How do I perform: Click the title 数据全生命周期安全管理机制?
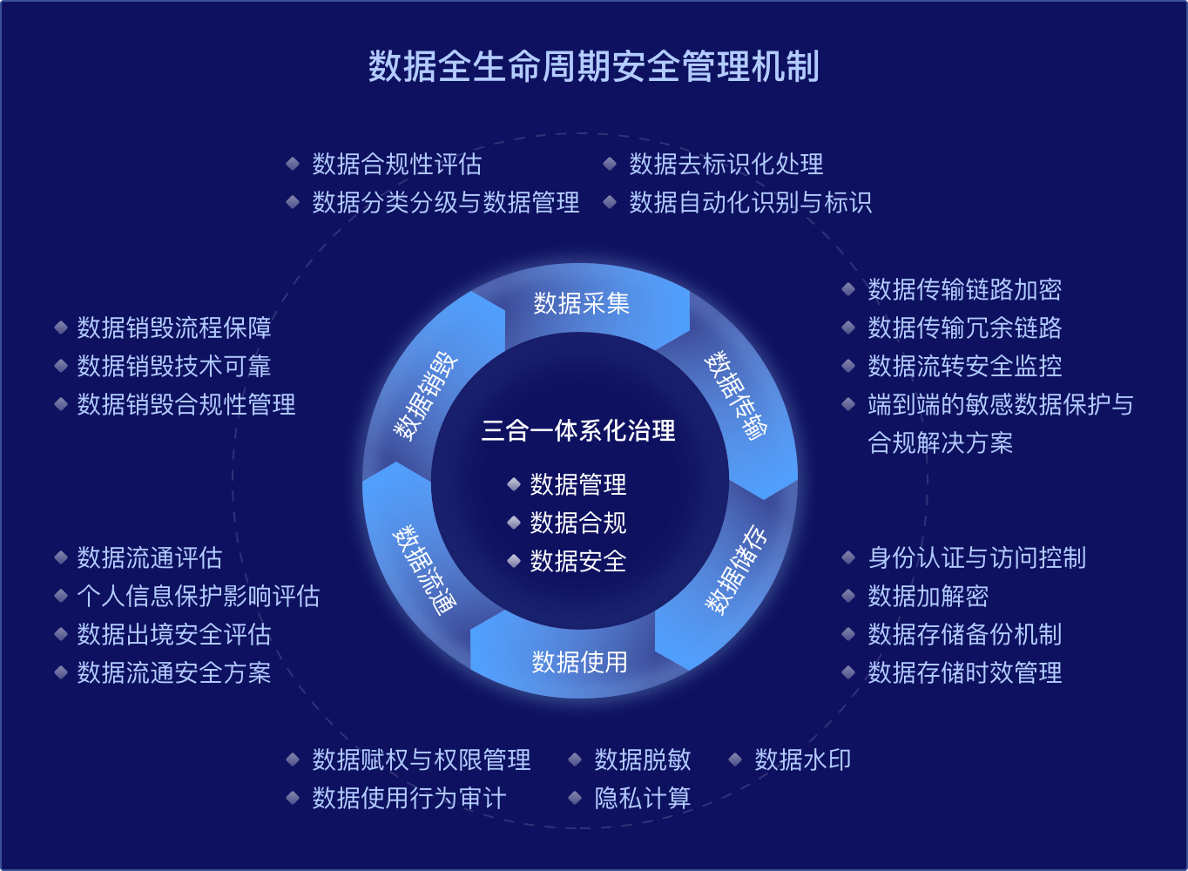pyautogui.click(x=593, y=66)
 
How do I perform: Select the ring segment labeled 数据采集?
pyautogui.click(x=581, y=303)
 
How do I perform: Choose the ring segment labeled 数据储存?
pyautogui.click(x=737, y=570)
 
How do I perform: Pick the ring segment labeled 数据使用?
pyautogui.click(x=579, y=662)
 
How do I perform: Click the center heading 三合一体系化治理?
pyautogui.click(x=578, y=430)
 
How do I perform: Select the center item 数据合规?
pyautogui.click(x=578, y=523)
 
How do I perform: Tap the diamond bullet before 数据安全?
pyautogui.click(x=514, y=561)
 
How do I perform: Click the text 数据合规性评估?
pyautogui.click(x=396, y=164)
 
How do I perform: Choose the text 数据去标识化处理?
pyautogui.click(x=726, y=164)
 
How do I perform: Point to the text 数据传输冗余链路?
pyautogui.click(x=964, y=327)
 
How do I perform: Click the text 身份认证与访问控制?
pyautogui.click(x=976, y=557)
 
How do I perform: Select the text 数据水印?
pyautogui.click(x=802, y=760)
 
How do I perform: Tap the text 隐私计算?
pyautogui.click(x=642, y=798)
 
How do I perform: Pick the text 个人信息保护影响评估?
pyautogui.click(x=198, y=596)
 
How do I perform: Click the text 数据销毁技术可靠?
pyautogui.click(x=173, y=366)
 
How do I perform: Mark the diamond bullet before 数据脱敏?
pyautogui.click(x=575, y=760)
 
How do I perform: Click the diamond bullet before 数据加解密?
pyautogui.click(x=848, y=596)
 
